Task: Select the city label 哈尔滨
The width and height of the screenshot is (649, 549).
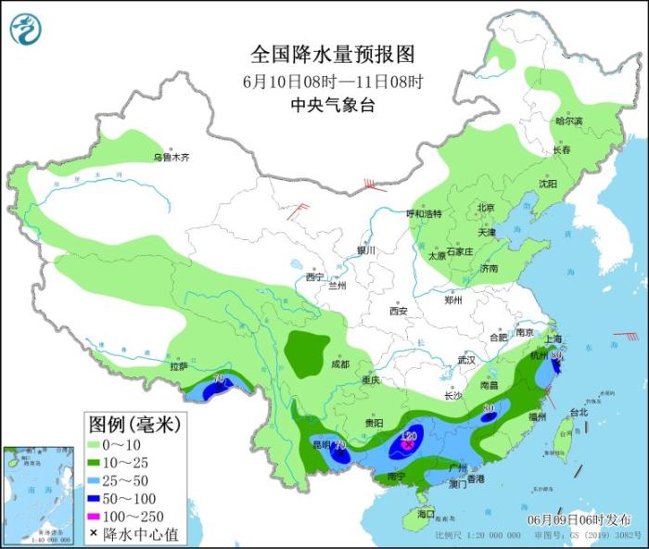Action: point(568,121)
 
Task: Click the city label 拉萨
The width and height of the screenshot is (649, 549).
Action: point(179,366)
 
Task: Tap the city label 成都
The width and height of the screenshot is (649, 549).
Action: point(337,364)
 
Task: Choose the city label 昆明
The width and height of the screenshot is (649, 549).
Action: point(319,445)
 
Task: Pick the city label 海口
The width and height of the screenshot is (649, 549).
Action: point(426,513)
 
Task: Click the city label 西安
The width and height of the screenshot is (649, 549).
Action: point(399,311)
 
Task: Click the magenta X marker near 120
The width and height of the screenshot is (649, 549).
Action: point(407,445)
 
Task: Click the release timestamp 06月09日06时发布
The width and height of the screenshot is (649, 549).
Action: point(578,518)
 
